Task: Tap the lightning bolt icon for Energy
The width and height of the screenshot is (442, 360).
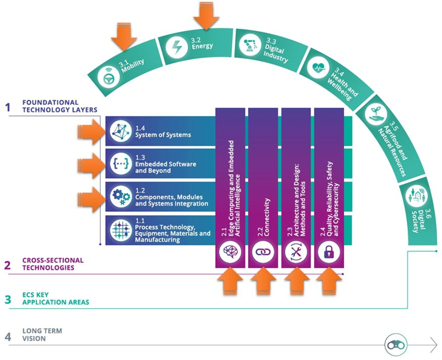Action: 177,47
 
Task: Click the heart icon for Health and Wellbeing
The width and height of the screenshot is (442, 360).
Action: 318,67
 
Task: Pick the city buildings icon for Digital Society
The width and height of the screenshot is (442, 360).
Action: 417,195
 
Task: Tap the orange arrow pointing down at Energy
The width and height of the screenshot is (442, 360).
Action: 206,15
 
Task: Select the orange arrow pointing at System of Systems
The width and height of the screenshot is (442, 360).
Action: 91,131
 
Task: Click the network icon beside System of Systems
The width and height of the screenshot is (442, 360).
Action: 121,131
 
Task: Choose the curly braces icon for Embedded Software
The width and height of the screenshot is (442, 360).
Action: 121,164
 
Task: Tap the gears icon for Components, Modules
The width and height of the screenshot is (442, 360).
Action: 121,197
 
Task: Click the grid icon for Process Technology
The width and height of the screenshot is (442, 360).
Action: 121,230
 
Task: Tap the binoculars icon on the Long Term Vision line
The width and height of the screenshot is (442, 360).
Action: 396,345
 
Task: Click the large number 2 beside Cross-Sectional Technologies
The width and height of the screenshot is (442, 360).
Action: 8,265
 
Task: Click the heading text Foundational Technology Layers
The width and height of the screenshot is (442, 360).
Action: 60,106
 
